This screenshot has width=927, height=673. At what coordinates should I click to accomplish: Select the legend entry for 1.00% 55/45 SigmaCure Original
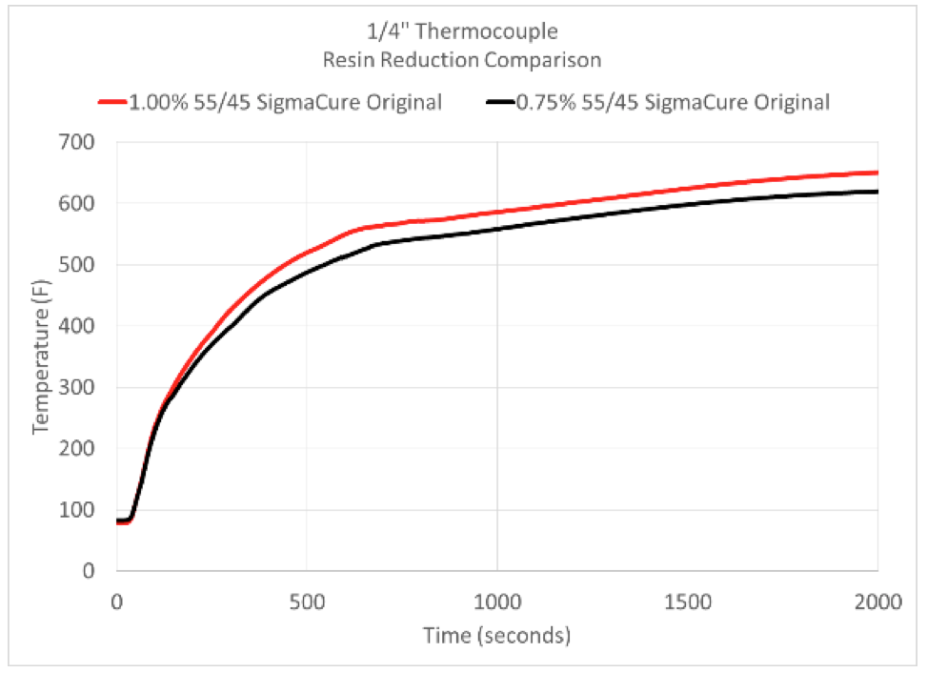click(284, 102)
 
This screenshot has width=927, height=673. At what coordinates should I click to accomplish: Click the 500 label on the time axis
click(307, 602)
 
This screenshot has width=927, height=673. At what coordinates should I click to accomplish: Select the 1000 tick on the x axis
click(496, 602)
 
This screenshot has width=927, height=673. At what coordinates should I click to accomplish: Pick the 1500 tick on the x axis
click(687, 602)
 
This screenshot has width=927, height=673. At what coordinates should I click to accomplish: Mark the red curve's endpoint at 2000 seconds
click(877, 173)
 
